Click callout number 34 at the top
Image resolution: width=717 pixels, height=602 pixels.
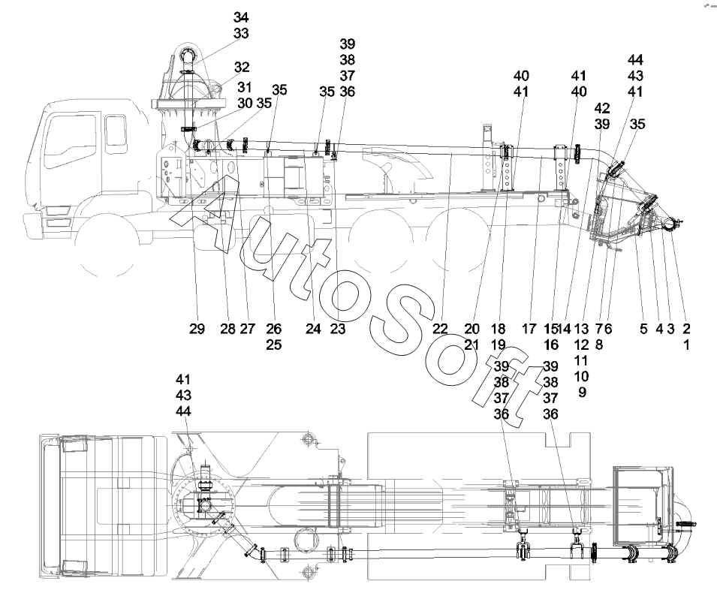click(242, 17)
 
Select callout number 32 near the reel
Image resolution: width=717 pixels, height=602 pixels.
click(242, 67)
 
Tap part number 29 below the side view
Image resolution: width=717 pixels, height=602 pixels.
click(197, 329)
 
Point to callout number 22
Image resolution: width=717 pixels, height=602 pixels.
click(440, 329)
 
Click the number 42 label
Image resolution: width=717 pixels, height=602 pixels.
click(601, 108)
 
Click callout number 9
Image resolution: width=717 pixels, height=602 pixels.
click(581, 392)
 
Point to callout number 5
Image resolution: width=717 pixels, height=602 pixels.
click(643, 329)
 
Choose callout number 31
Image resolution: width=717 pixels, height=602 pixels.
click(246, 87)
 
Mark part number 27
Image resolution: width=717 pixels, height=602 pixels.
click(248, 329)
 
